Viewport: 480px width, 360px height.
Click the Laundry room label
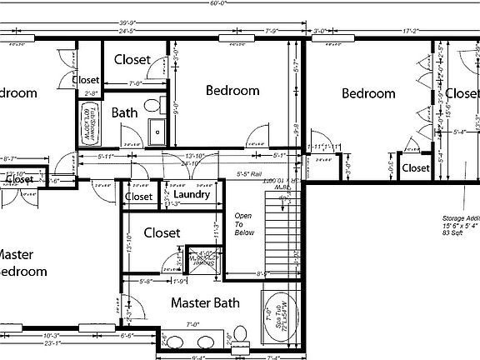(x=192, y=196)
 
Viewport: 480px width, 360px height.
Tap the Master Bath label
(x=206, y=303)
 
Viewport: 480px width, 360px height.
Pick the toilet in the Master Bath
(x=242, y=335)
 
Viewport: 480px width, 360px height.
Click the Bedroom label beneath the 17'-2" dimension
(x=368, y=93)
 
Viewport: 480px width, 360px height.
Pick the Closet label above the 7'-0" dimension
(x=132, y=59)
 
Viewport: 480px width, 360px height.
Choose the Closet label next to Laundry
(x=138, y=197)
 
